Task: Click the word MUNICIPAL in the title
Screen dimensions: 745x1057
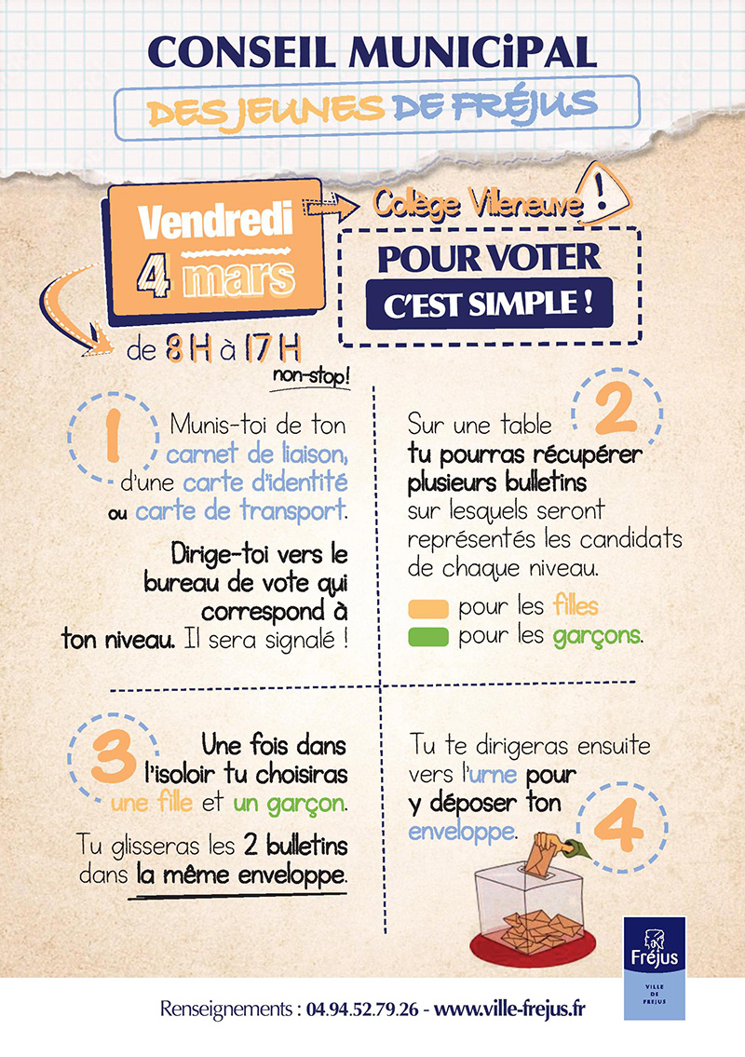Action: tap(472, 52)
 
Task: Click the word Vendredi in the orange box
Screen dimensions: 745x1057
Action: tap(216, 221)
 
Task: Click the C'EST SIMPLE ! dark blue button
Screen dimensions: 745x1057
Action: tap(489, 304)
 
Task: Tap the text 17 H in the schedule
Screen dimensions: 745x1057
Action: tap(272, 349)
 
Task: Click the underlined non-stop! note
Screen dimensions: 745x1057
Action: tap(311, 376)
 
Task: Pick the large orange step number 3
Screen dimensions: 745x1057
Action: tap(114, 757)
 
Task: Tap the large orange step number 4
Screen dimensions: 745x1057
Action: tap(619, 825)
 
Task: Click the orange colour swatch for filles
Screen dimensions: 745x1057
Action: tap(428, 609)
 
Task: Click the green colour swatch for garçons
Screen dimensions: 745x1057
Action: tap(428, 637)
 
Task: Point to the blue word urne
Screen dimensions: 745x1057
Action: tap(493, 775)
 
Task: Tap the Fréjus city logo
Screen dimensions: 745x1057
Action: tap(654, 968)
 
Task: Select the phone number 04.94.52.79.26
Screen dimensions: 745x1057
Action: tap(362, 1010)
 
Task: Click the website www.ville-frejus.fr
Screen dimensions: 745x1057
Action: tap(509, 1010)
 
